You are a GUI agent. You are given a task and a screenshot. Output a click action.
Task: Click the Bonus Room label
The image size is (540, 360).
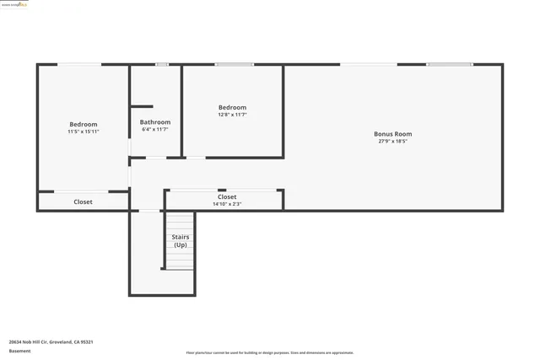(392, 133)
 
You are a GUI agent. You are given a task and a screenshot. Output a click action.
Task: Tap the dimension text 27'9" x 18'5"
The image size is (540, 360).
(392, 142)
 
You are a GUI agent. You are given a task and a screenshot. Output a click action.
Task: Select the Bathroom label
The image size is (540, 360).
(154, 122)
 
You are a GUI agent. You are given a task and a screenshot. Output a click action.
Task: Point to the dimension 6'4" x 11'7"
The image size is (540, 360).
(154, 130)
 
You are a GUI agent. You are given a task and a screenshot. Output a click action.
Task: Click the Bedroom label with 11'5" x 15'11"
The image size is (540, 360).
(83, 124)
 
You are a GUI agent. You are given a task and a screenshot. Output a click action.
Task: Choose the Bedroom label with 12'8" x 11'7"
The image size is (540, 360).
(232, 107)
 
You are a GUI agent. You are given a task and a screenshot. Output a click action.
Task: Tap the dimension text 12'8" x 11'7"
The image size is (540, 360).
(232, 115)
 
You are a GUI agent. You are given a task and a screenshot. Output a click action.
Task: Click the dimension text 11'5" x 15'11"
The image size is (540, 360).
(83, 132)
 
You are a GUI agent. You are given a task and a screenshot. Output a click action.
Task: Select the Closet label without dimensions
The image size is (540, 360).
(83, 201)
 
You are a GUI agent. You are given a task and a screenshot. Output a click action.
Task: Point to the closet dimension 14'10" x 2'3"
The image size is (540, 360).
(227, 204)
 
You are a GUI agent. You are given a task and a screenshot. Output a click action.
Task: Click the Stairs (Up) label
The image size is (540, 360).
(180, 240)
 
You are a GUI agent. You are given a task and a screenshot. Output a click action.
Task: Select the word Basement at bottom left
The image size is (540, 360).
(19, 351)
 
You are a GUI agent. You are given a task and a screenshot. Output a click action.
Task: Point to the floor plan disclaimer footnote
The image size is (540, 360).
(270, 352)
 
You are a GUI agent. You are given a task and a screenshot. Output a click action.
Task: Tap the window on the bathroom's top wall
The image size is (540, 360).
(161, 64)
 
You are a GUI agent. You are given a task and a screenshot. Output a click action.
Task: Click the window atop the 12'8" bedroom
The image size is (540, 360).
(234, 64)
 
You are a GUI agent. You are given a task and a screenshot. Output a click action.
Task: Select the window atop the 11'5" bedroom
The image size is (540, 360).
(79, 64)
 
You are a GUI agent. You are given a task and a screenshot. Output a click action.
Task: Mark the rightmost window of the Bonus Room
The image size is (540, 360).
(449, 64)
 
